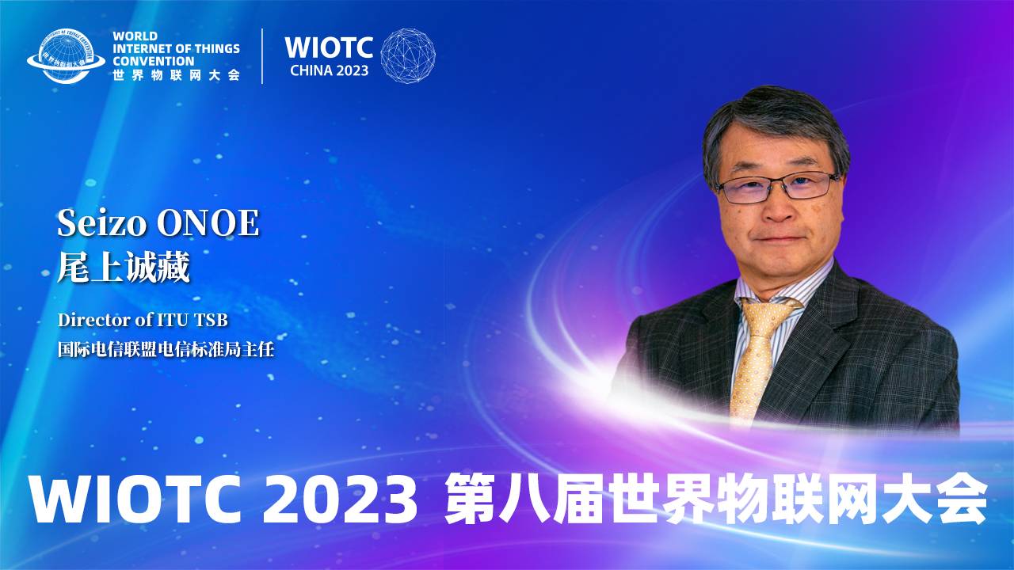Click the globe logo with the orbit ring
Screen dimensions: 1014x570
[66, 56]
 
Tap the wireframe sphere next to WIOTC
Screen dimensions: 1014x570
[408, 55]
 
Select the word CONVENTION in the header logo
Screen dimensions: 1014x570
[154, 61]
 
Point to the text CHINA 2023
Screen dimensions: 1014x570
[329, 70]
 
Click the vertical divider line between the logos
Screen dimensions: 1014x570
[262, 56]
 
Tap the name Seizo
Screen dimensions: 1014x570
[102, 223]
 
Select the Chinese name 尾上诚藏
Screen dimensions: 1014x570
[123, 268]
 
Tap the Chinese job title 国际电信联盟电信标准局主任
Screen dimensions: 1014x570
[166, 349]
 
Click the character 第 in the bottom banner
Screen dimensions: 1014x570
[471, 499]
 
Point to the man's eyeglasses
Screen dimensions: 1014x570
[777, 186]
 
